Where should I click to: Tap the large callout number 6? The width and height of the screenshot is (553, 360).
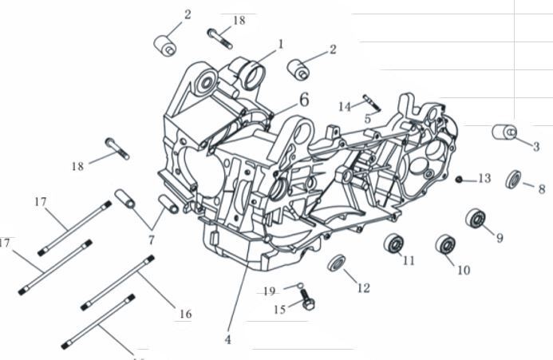(304, 100)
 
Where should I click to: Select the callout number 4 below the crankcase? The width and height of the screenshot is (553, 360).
(227, 339)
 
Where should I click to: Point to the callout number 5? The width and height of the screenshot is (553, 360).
(367, 118)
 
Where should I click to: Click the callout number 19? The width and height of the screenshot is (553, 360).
(270, 291)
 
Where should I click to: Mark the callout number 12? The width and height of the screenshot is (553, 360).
(363, 287)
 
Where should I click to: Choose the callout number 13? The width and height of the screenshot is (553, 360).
(484, 178)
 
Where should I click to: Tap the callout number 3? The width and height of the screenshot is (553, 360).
(536, 146)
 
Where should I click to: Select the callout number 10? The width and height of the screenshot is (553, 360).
(463, 270)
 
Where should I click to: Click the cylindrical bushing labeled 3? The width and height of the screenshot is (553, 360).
(504, 131)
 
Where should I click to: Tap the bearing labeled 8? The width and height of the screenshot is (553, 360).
(513, 178)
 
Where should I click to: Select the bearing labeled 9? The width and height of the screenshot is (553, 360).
(476, 218)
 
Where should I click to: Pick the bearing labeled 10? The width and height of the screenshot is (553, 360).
(444, 244)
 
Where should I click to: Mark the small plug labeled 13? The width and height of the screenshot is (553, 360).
(460, 179)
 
